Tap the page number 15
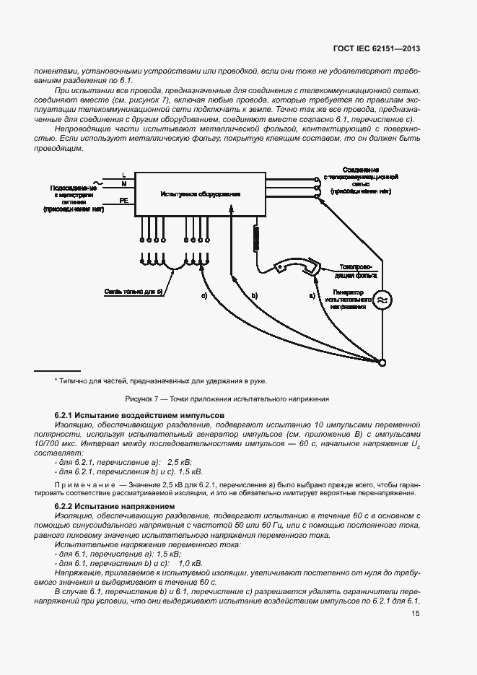click(x=416, y=614)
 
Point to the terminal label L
click(x=124, y=175)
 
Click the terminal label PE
click(x=124, y=201)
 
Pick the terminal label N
click(x=124, y=184)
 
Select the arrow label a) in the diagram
click(x=312, y=296)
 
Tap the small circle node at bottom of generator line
click(x=382, y=362)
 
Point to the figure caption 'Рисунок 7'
click(x=227, y=399)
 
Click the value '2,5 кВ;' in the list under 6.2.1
click(x=180, y=461)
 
